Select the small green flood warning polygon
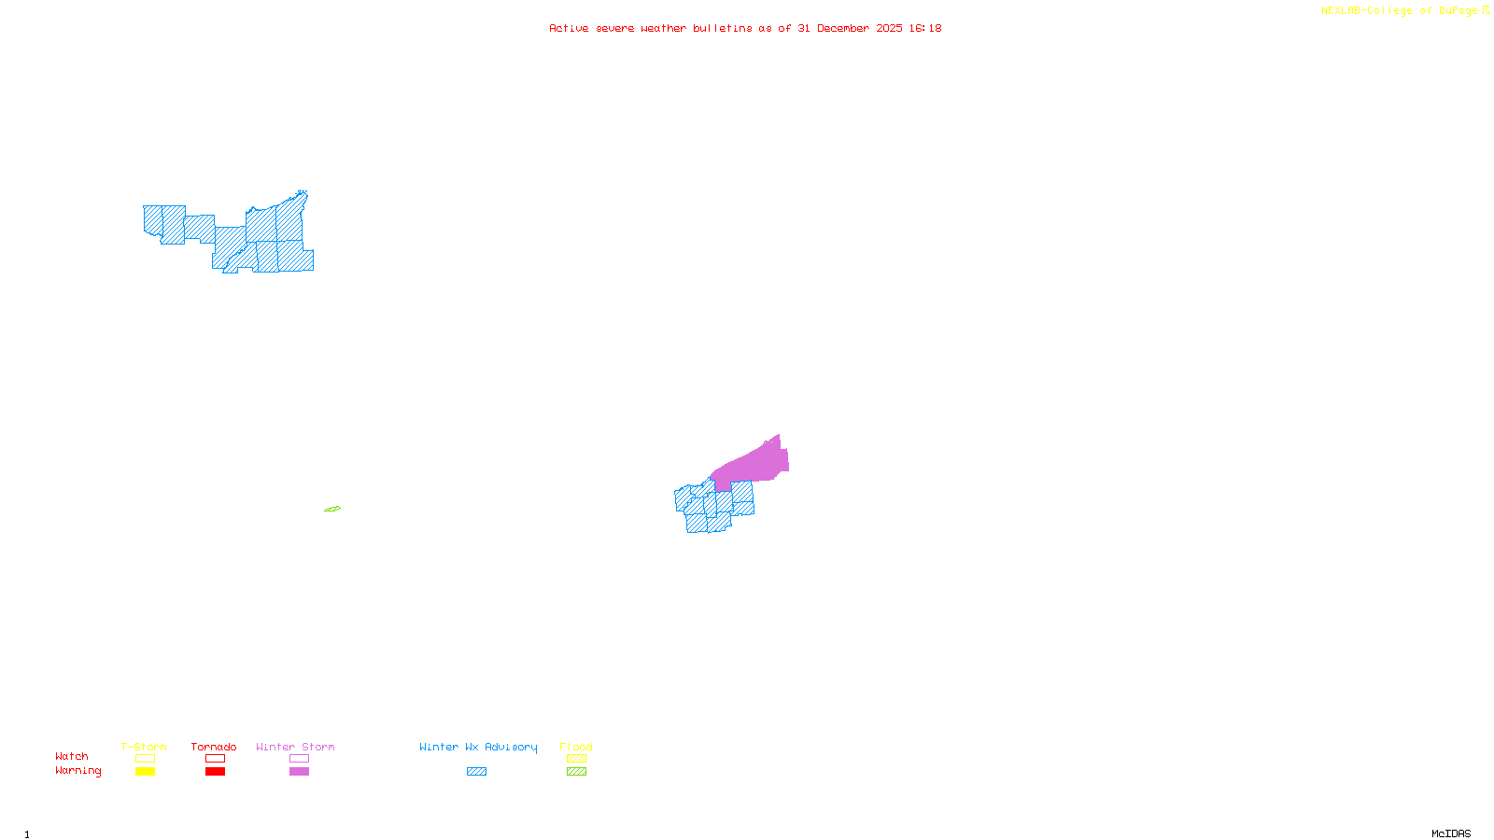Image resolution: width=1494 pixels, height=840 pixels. [x=332, y=509]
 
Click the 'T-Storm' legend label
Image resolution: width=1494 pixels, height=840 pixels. [x=144, y=747]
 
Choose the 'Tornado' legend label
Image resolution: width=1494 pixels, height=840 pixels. [x=214, y=747]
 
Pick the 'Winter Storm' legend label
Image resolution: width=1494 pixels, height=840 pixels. [x=295, y=747]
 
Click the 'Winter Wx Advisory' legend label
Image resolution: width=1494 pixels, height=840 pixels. [x=478, y=747]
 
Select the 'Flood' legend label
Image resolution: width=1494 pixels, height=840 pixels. [x=576, y=747]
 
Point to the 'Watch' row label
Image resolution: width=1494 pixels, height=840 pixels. [x=72, y=756]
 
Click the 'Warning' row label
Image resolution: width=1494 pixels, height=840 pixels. [x=78, y=771]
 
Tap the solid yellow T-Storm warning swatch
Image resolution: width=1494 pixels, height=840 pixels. [x=145, y=772]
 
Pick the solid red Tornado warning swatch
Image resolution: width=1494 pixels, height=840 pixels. [x=215, y=772]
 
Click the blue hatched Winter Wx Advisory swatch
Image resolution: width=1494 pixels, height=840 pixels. [x=476, y=772]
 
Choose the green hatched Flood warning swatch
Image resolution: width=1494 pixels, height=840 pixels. [x=576, y=772]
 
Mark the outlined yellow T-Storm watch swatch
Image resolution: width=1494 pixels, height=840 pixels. [x=145, y=759]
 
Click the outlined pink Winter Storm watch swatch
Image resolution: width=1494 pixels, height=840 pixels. [x=299, y=759]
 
